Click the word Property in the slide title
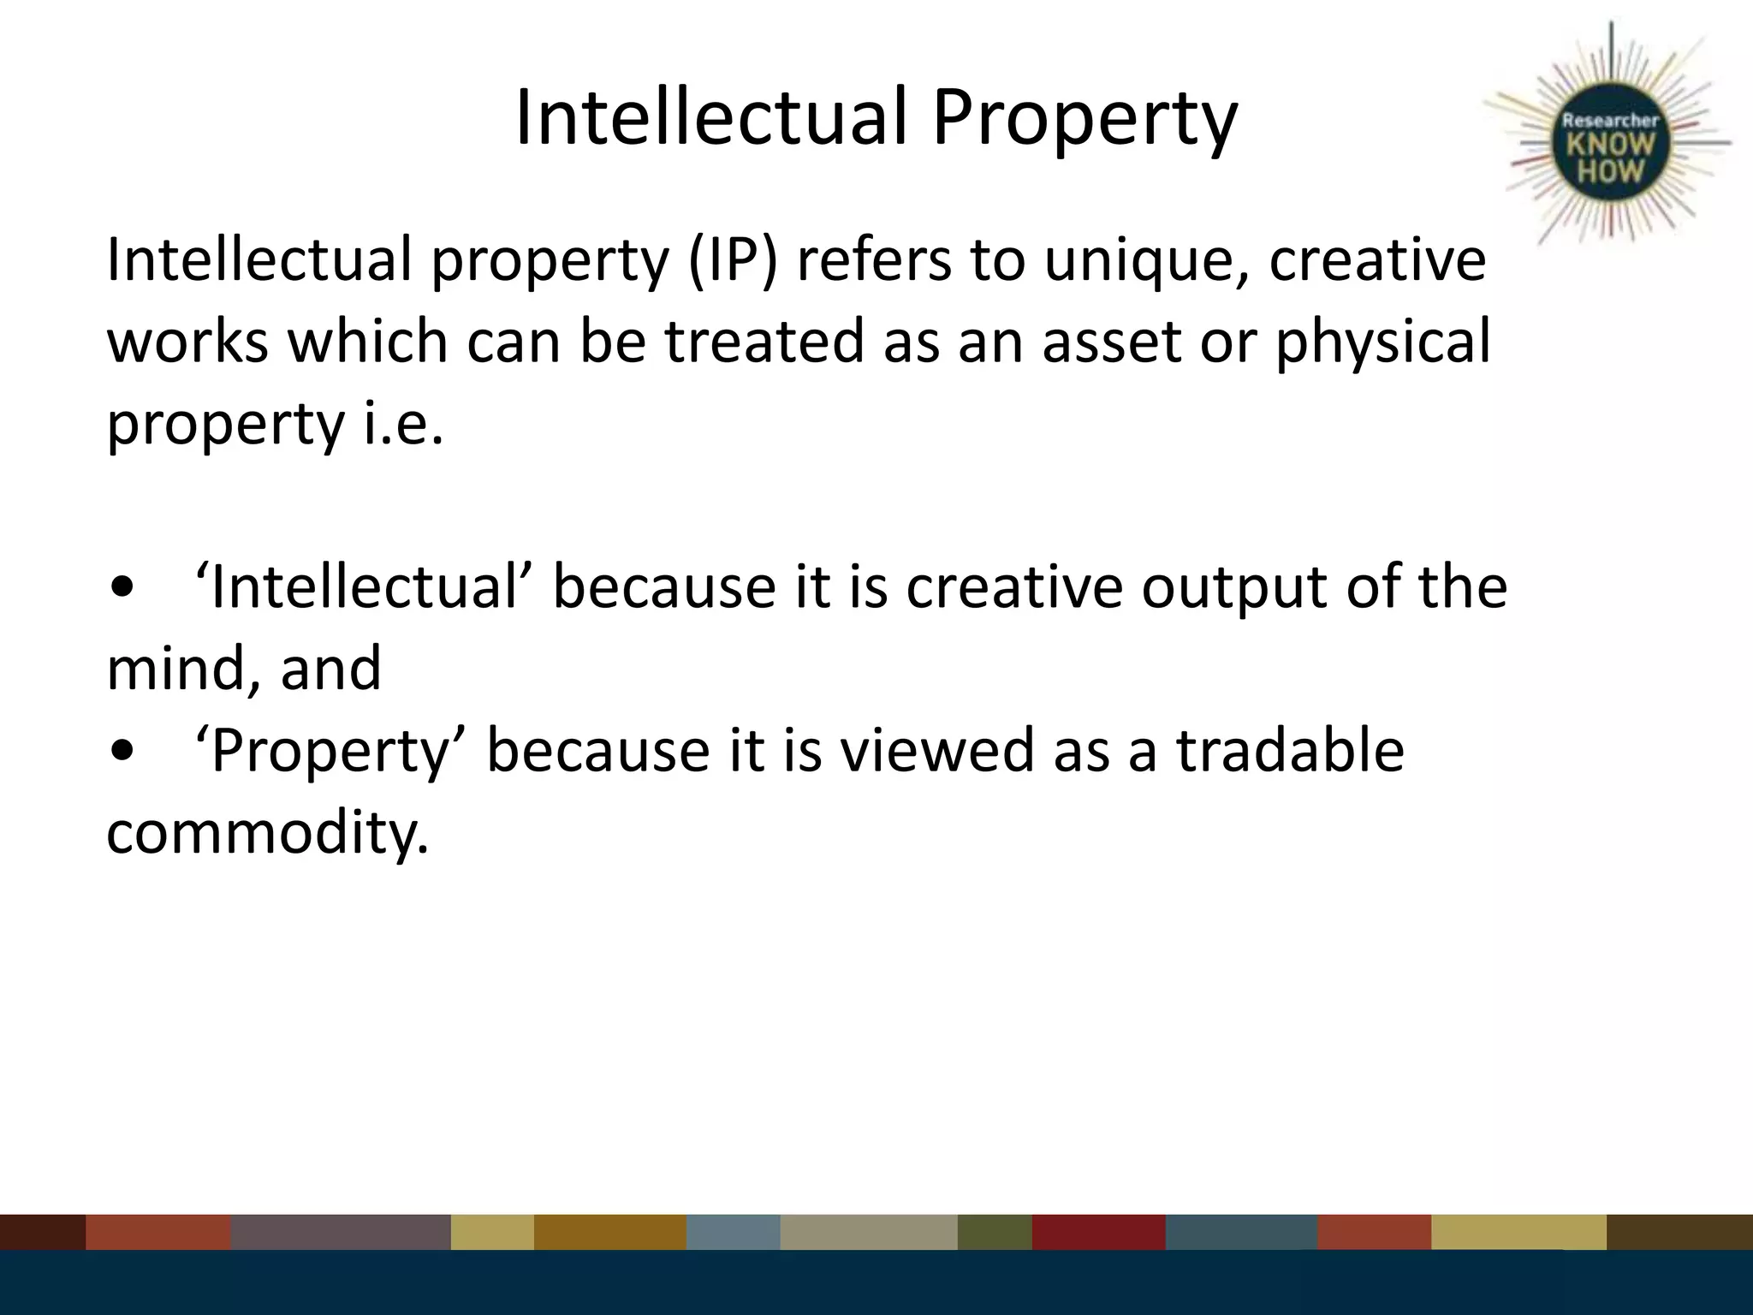point(1084,120)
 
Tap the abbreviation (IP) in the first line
point(733,260)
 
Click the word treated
point(764,341)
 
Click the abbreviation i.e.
point(403,423)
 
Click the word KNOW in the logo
point(1611,145)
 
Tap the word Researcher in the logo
point(1611,121)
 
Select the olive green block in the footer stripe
point(995,1232)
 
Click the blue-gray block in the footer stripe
point(733,1232)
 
